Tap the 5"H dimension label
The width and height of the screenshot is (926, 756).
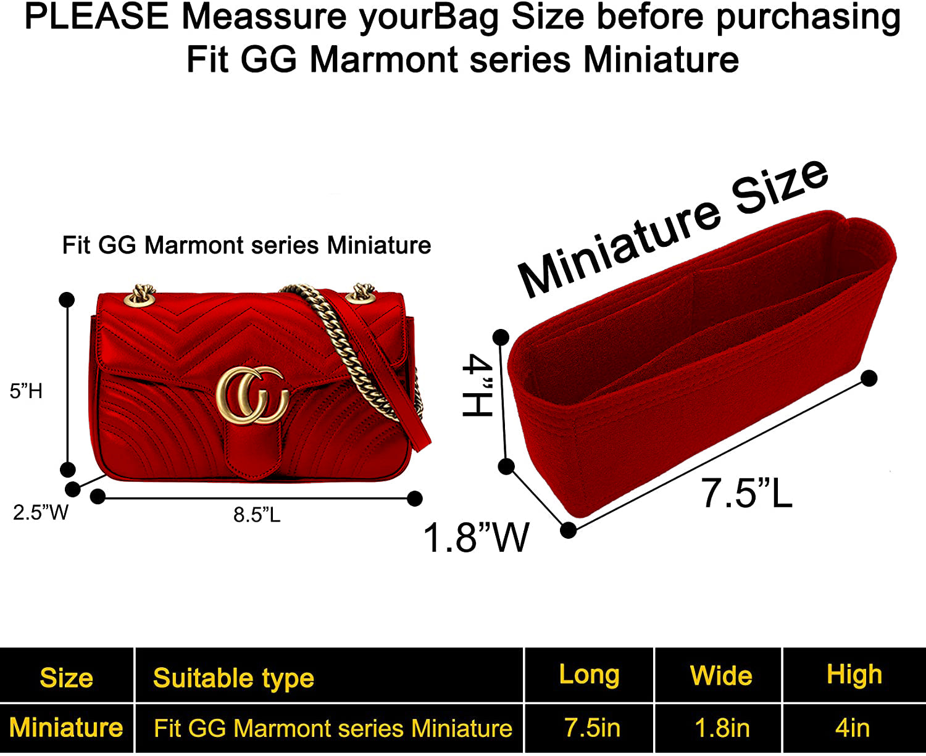pyautogui.click(x=27, y=391)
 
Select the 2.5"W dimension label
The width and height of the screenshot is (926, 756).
pyautogui.click(x=41, y=512)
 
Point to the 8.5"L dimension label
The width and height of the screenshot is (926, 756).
pyautogui.click(x=257, y=515)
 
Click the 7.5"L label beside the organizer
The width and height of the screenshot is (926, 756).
pyautogui.click(x=746, y=493)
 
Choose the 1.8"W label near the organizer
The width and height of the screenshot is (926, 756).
pyautogui.click(x=476, y=538)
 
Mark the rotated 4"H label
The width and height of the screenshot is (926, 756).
pyautogui.click(x=477, y=385)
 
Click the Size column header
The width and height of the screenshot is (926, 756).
pyautogui.click(x=66, y=677)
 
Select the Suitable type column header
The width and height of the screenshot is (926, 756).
pyautogui.click(x=233, y=678)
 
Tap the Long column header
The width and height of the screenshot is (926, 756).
pyautogui.click(x=589, y=675)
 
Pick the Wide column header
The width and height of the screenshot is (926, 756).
pyautogui.click(x=721, y=675)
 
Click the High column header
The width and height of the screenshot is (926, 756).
pyautogui.click(x=854, y=675)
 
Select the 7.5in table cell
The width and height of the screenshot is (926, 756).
pyautogui.click(x=592, y=728)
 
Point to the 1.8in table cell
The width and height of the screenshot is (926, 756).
pyautogui.click(x=722, y=728)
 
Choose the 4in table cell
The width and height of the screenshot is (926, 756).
pyautogui.click(x=853, y=728)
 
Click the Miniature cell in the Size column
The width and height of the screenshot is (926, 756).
pyautogui.click(x=66, y=728)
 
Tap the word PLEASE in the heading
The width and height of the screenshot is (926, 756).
pyautogui.click(x=96, y=17)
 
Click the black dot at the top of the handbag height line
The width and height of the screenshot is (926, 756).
pyautogui.click(x=67, y=300)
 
